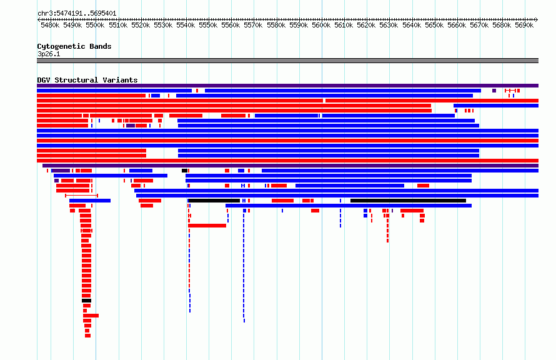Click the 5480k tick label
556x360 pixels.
coord(50,25)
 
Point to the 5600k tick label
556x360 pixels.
coord(321,25)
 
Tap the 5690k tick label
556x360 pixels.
coord(524,25)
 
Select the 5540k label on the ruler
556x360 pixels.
coord(186,25)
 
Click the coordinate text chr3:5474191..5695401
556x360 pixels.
coord(77,14)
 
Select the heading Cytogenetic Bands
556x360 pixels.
coord(74,46)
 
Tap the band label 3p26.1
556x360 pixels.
coord(49,54)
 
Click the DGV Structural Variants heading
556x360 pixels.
coord(87,80)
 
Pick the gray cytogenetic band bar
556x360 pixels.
coord(287,61)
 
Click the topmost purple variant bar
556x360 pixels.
coord(287,86)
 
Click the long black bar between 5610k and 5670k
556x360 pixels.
coord(408,201)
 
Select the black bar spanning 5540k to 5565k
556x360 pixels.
coord(214,201)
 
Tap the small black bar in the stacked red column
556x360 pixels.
coord(86,301)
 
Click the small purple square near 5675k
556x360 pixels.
coord(494,91)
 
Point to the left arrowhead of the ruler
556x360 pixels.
coord(39,19)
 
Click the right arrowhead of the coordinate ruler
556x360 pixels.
coord(537,19)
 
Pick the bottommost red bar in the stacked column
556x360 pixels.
coord(87,336)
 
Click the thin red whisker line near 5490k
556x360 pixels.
coord(82,196)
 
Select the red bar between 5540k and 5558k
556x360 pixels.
coord(207,226)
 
